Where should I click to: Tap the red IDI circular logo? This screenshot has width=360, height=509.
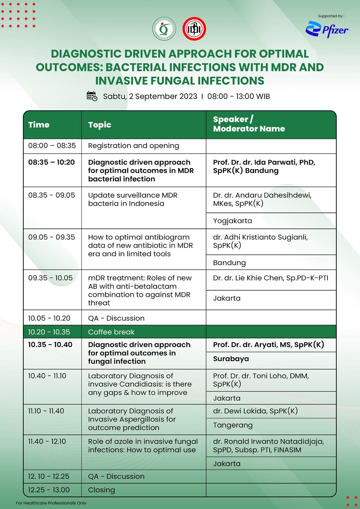pyautogui.click(x=194, y=29)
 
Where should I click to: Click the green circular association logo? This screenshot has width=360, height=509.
pyautogui.click(x=164, y=29)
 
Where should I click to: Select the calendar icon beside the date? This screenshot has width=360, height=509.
pyautogui.click(x=92, y=96)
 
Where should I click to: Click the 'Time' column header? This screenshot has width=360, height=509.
pyautogui.click(x=39, y=125)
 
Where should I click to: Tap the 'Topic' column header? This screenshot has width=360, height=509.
pyautogui.click(x=100, y=125)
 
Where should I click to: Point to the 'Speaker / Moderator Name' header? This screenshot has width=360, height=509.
pyautogui.click(x=249, y=124)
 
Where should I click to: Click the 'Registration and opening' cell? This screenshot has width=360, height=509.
pyautogui.click(x=133, y=146)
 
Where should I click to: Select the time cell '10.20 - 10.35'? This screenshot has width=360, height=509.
pyautogui.click(x=49, y=332)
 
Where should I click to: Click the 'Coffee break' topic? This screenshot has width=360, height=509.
pyautogui.click(x=111, y=332)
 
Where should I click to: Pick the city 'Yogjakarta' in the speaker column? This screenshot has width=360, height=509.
pyautogui.click(x=232, y=221)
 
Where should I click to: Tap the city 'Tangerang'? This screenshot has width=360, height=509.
pyautogui.click(x=233, y=425)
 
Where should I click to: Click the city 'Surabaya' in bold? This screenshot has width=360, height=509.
pyautogui.click(x=231, y=359)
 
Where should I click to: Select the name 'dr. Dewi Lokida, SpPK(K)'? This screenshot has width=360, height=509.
pyautogui.click(x=255, y=411)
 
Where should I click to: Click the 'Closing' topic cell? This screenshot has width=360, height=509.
pyautogui.click(x=102, y=490)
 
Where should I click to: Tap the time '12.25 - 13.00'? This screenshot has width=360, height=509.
pyautogui.click(x=49, y=490)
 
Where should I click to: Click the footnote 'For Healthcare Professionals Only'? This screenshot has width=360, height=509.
pyautogui.click(x=51, y=503)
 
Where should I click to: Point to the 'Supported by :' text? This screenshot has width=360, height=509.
pyautogui.click(x=331, y=16)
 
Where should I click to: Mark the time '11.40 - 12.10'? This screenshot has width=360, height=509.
pyautogui.click(x=47, y=441)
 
